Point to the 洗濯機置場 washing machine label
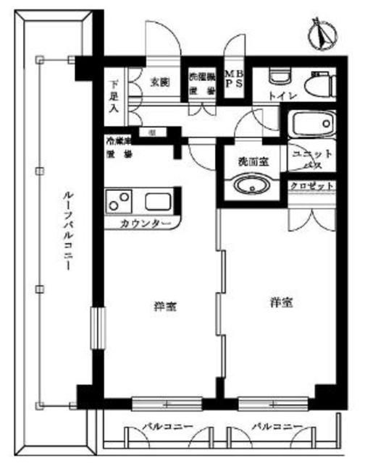(x=203, y=83)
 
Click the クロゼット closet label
(x=312, y=186)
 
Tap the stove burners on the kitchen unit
(x=120, y=202)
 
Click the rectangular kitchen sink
(x=158, y=202)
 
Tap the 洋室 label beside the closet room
(x=281, y=303)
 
